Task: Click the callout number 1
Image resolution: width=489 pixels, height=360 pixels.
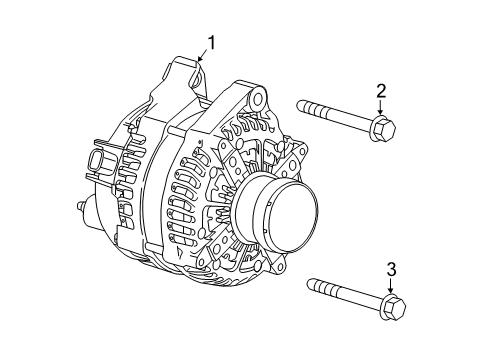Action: point(211,42)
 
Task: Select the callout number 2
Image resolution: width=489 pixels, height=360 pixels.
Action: point(381,92)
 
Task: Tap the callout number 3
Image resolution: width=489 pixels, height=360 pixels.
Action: point(391,267)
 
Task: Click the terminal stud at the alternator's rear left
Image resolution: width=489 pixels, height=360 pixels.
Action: point(81,207)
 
